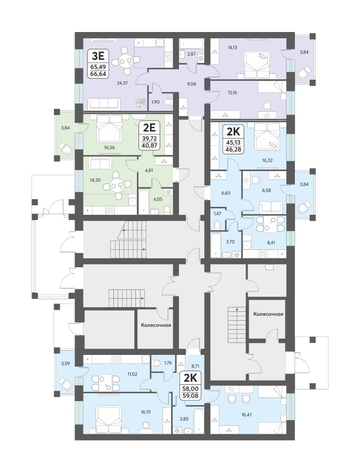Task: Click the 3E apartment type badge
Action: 99,64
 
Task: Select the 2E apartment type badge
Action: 149,135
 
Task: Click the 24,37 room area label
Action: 122,83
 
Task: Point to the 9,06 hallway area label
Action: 191,84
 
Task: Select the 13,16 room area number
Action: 232,92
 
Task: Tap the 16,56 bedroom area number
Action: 109,148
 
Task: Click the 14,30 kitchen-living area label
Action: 95,180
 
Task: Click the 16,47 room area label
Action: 247,414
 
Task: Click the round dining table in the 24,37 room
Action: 124,62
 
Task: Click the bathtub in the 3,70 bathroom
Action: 216,245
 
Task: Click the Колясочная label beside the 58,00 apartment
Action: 156,325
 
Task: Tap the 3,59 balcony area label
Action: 65,363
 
